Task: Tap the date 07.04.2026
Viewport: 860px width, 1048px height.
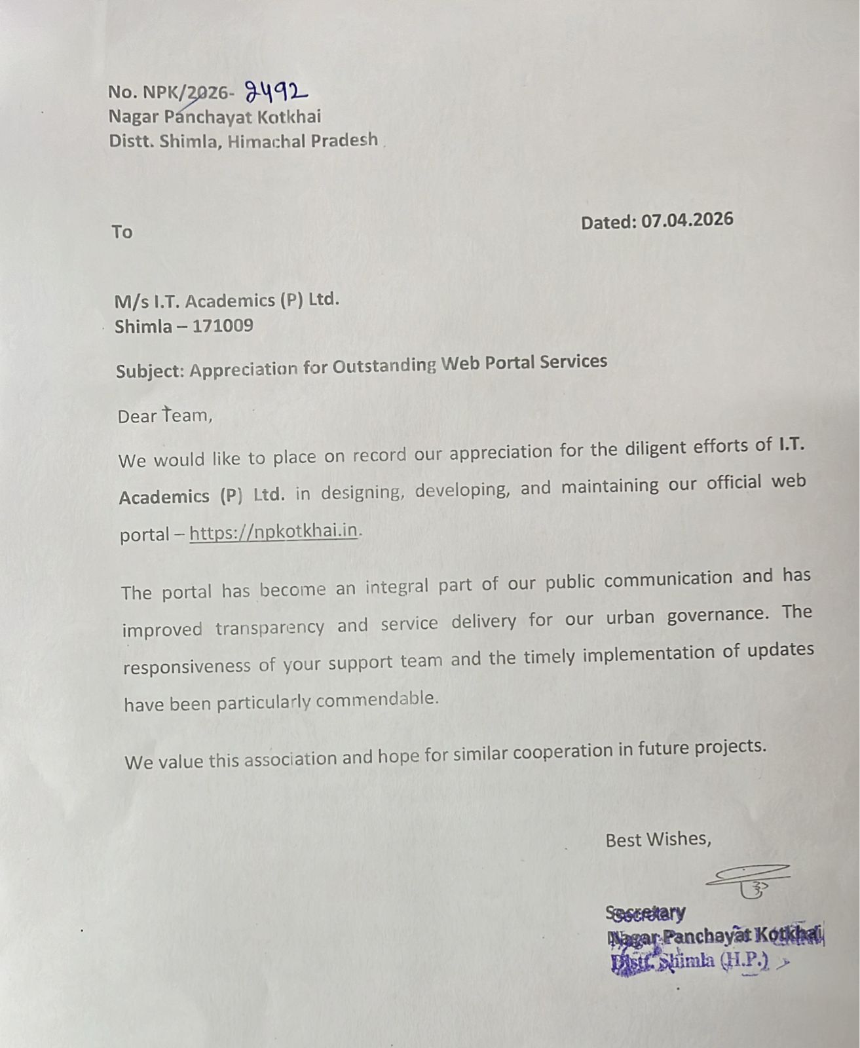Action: [687, 219]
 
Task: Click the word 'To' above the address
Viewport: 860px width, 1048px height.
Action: [122, 232]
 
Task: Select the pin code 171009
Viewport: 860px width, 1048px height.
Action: [223, 326]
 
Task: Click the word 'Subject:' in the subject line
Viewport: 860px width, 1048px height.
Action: [150, 371]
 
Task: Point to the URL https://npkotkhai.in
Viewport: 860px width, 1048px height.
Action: [274, 532]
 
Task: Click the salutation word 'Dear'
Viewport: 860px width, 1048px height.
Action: [137, 416]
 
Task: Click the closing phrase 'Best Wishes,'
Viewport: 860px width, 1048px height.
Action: [658, 839]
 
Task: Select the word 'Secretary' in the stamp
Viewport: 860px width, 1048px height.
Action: [646, 913]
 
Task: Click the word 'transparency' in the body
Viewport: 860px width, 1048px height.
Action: [269, 627]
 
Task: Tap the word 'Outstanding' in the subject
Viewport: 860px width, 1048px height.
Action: [383, 365]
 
